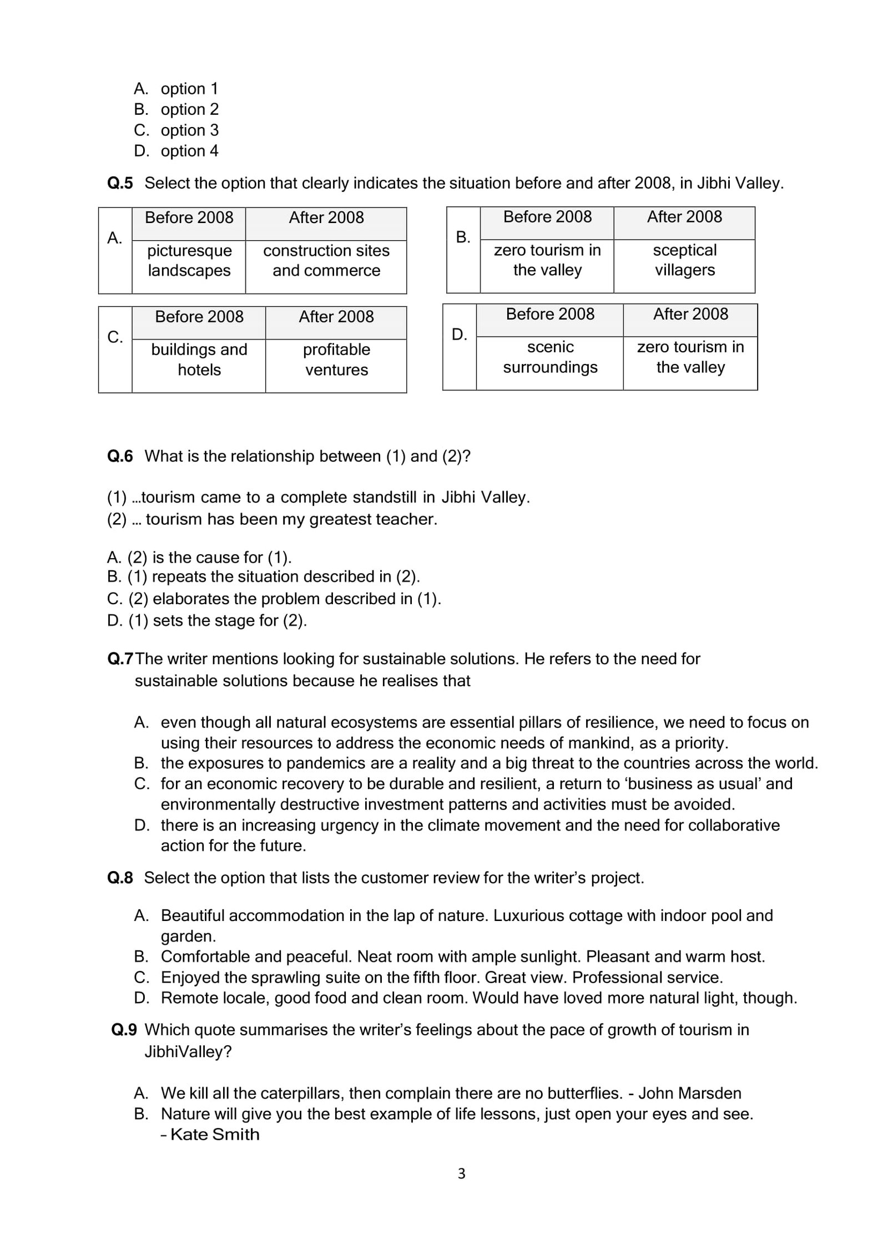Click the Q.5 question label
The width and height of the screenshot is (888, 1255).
point(120,183)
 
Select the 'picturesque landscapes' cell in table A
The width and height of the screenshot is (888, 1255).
point(189,261)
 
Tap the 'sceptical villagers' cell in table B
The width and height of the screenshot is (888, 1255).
point(684,260)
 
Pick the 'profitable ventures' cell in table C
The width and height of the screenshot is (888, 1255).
point(336,360)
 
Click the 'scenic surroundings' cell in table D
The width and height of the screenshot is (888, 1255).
point(550,357)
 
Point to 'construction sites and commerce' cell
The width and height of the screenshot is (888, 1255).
point(326,261)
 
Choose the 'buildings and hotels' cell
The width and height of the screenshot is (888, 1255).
point(199,360)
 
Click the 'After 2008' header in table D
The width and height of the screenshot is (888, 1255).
point(690,315)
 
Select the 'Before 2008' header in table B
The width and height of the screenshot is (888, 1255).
point(547,217)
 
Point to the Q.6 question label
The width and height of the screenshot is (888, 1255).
point(120,456)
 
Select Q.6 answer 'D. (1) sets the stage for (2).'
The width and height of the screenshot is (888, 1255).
point(207,620)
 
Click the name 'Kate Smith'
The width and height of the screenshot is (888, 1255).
point(214,1135)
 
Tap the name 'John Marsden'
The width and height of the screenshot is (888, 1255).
point(689,1094)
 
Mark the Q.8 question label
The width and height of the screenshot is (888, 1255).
point(120,878)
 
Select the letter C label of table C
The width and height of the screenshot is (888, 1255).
point(115,337)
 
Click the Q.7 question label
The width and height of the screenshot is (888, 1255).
point(120,659)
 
